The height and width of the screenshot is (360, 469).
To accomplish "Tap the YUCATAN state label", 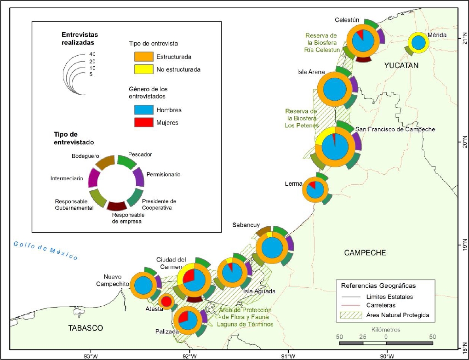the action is pos(401,66).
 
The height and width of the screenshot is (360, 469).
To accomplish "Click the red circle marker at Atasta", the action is pos(166,302).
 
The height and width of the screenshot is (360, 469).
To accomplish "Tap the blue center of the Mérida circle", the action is pos(418,43).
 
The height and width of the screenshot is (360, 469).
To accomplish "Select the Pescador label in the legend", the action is pos(140,154).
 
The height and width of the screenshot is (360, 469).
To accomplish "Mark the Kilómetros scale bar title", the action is pos(386,330).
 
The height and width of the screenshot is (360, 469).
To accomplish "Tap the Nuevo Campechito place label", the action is pos(113,280).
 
